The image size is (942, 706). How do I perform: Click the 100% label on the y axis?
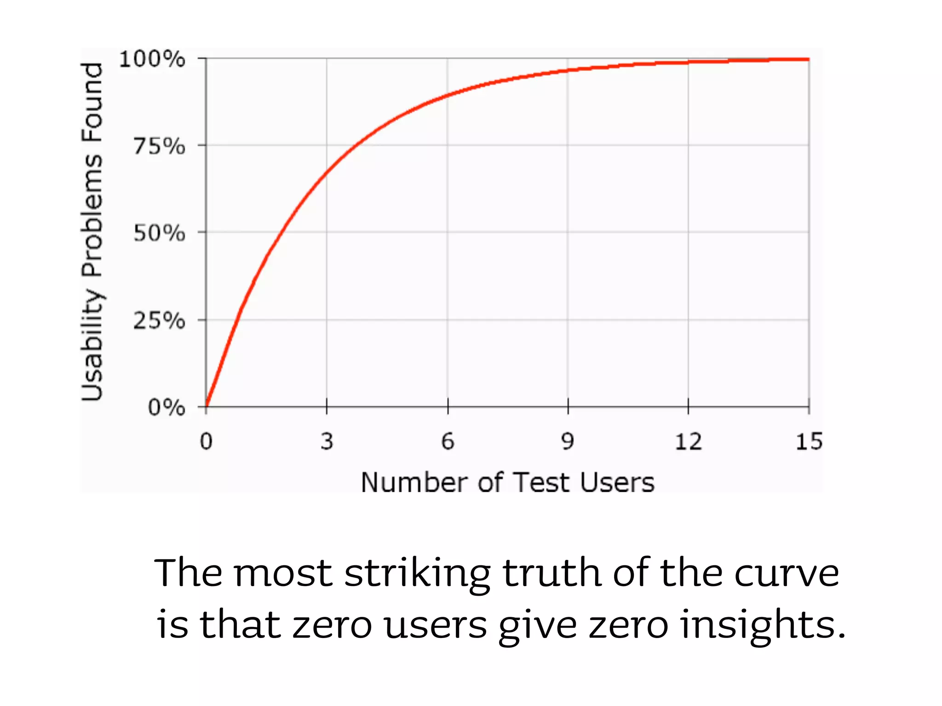(152, 59)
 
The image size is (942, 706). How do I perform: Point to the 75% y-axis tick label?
(159, 147)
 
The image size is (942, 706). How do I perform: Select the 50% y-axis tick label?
(159, 233)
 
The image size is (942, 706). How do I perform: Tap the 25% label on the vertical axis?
(159, 320)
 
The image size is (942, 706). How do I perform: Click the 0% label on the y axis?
(167, 408)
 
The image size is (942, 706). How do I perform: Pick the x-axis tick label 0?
(206, 442)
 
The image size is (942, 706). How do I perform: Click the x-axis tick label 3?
(327, 442)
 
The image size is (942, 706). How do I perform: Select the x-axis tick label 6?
(448, 442)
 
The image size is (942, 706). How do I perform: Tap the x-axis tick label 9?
(568, 442)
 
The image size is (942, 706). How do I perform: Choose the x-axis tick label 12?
(688, 442)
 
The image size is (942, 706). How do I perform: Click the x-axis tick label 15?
(809, 442)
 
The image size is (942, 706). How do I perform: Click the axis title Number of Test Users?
(507, 483)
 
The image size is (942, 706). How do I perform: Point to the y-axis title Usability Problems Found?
(92, 232)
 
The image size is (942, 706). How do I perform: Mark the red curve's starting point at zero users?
(207, 406)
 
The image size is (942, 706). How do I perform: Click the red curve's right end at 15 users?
(808, 59)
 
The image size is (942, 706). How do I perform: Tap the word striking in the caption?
(417, 574)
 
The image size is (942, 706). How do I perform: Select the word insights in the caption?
(763, 626)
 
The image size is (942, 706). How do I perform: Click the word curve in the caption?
(787, 574)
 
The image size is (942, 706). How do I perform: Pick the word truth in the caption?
(552, 573)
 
